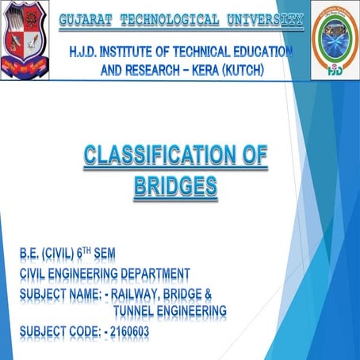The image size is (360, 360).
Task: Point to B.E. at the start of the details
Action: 32,255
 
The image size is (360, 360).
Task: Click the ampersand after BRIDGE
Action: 207,294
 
